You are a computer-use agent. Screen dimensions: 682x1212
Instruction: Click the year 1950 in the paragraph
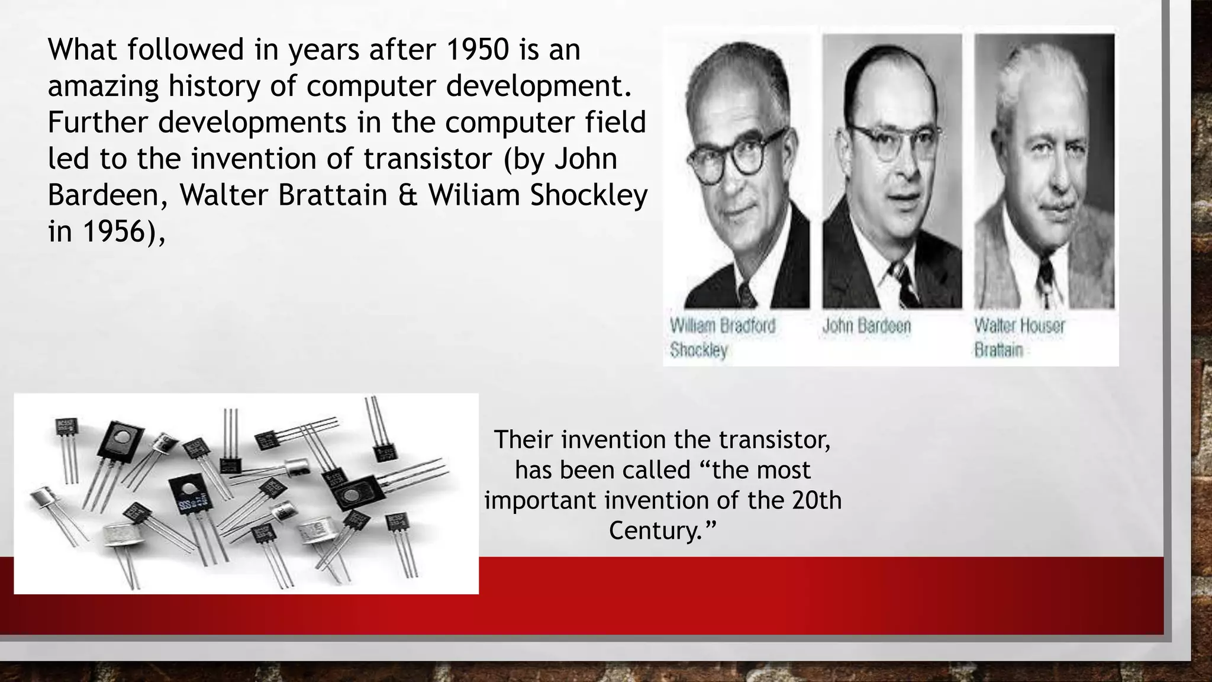coord(477,50)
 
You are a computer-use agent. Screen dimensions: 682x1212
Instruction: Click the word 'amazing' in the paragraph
coord(103,86)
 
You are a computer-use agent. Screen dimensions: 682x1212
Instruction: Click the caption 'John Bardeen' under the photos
coord(866,326)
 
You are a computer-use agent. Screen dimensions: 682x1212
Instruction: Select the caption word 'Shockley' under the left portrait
coord(698,350)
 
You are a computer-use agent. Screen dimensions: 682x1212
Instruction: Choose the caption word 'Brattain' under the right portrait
coord(998,350)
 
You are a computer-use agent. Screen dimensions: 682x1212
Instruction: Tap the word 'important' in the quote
coord(540,500)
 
